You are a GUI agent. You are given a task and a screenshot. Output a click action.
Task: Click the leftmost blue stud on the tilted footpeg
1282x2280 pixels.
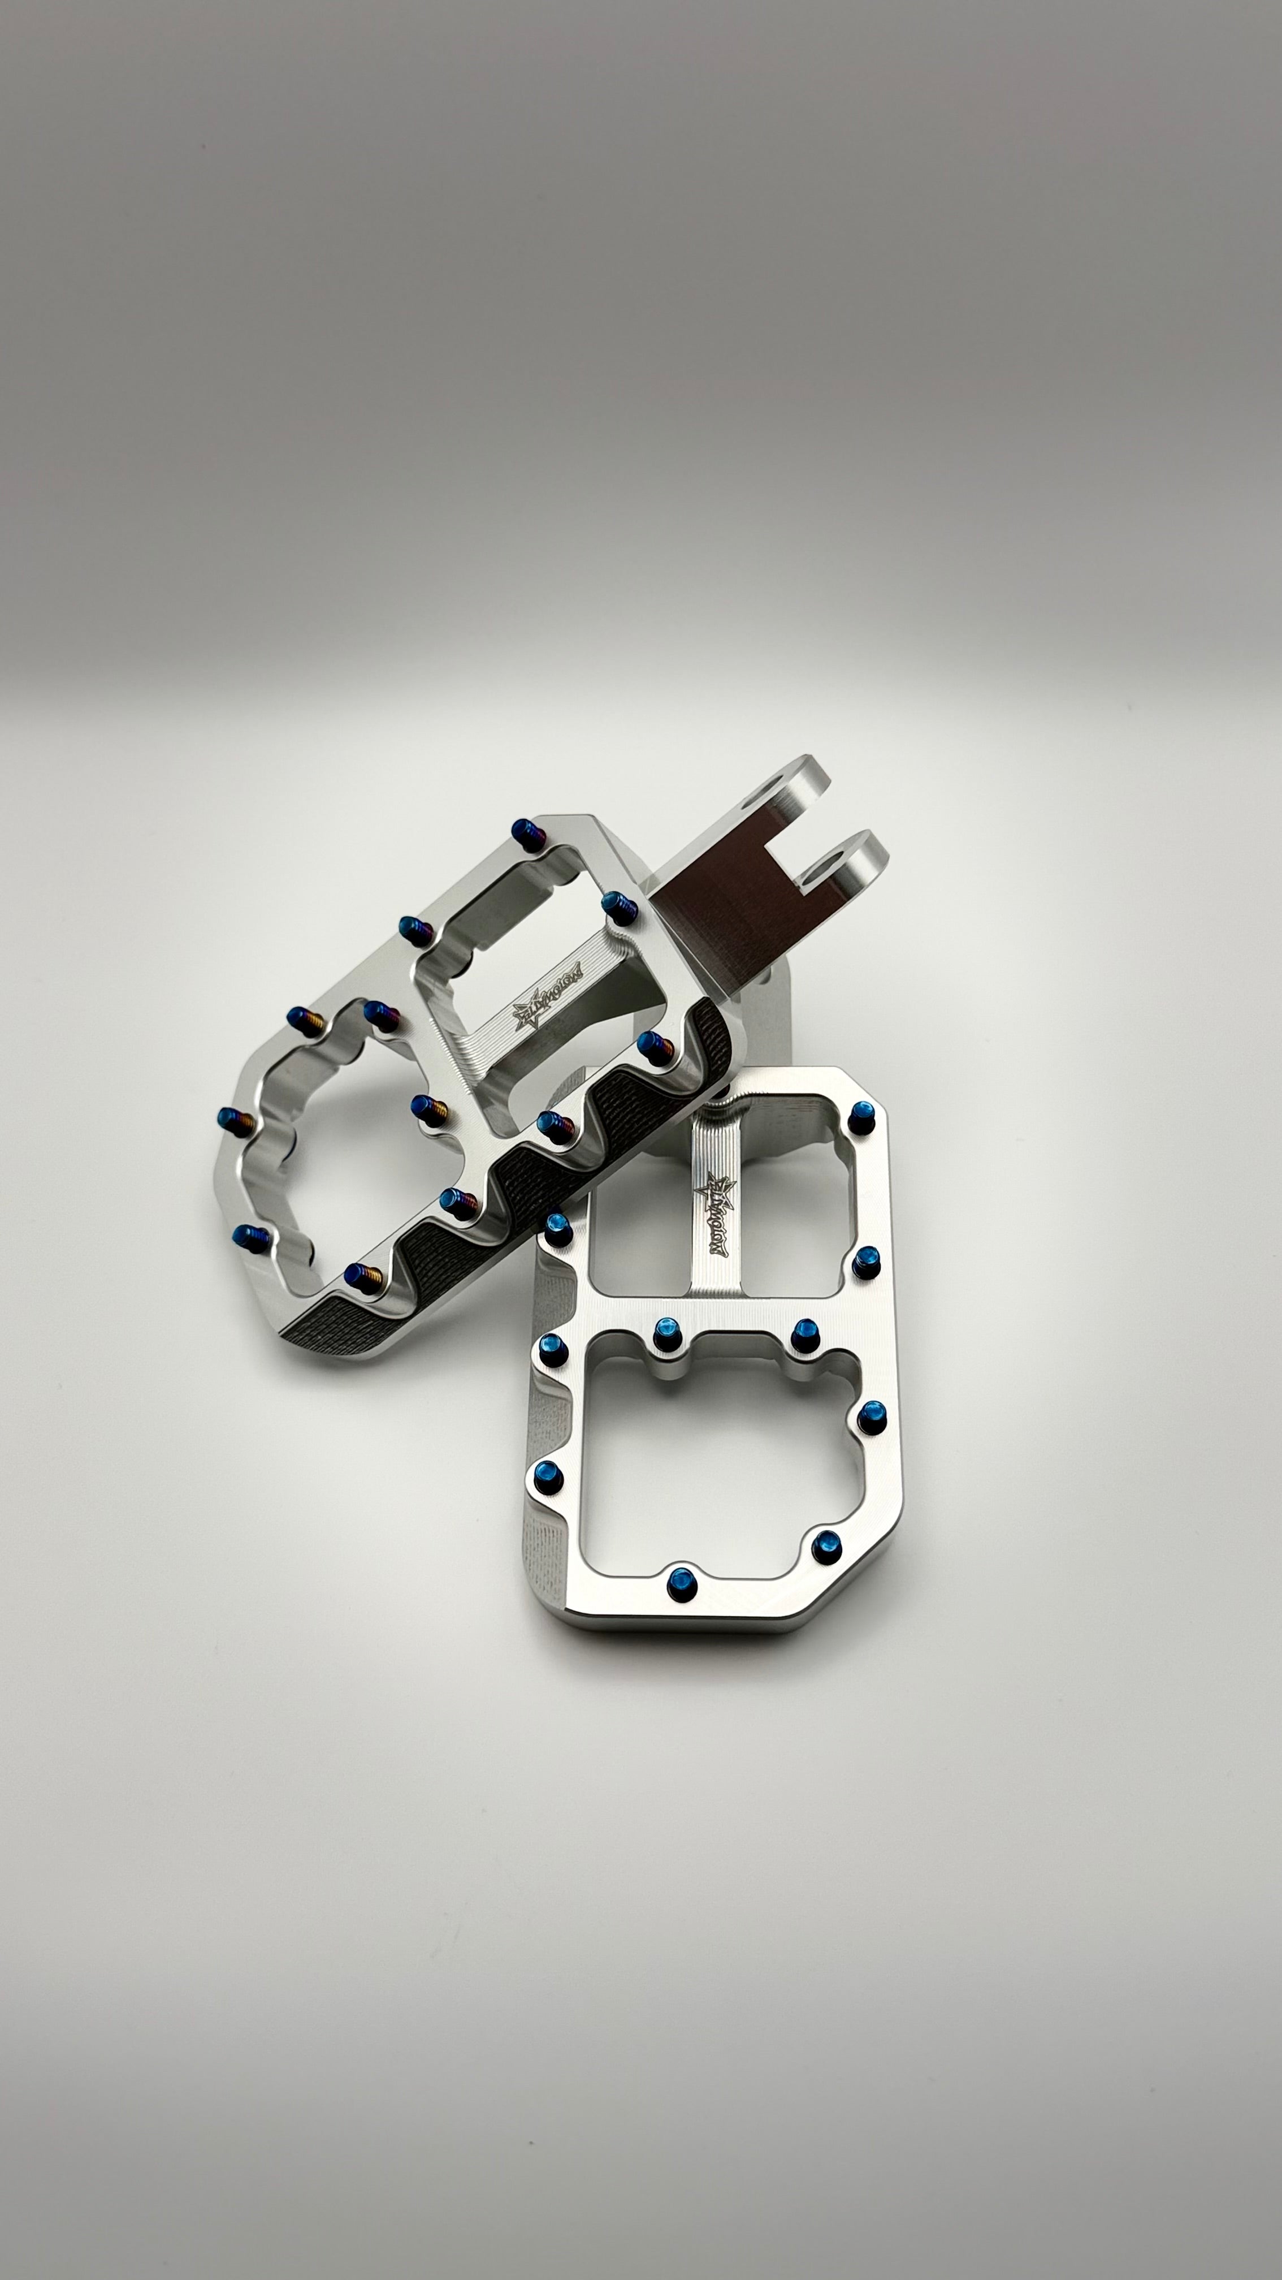(228, 1117)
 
